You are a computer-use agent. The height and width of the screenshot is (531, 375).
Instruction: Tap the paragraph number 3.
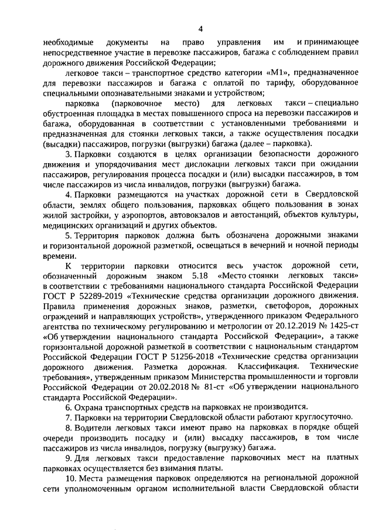tap(68, 154)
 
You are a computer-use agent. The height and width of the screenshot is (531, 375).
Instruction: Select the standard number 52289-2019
tap(96, 296)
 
